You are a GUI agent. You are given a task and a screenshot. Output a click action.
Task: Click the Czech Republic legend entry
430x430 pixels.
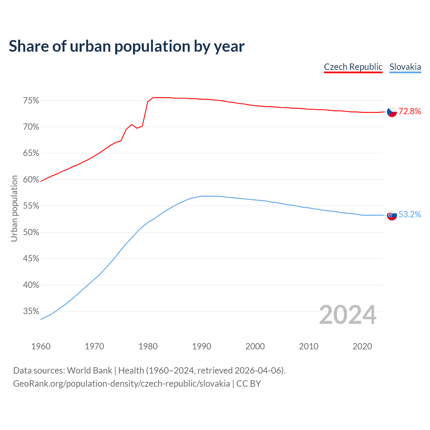click(x=353, y=67)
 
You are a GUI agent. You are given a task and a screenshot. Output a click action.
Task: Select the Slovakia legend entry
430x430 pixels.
click(x=405, y=67)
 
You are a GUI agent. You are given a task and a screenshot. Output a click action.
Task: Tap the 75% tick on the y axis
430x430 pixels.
click(x=31, y=101)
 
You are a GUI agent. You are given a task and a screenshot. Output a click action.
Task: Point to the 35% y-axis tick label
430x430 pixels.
click(x=31, y=311)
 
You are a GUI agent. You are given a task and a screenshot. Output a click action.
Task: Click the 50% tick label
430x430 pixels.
click(x=31, y=232)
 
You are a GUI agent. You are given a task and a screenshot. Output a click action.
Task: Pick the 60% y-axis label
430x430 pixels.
click(x=31, y=180)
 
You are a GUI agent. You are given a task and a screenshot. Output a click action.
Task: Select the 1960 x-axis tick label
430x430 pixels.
click(x=41, y=346)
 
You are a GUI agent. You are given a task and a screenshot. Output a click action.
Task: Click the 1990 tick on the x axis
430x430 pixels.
click(x=202, y=346)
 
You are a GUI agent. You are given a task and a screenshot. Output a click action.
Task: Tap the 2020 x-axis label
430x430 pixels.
click(x=362, y=346)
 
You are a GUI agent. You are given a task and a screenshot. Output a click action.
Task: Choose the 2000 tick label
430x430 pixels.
click(x=255, y=346)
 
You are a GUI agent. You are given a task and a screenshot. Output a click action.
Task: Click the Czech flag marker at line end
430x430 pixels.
click(x=392, y=112)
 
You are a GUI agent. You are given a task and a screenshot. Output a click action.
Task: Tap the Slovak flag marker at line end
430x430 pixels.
click(x=392, y=215)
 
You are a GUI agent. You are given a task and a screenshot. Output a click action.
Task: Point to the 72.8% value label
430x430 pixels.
click(x=410, y=112)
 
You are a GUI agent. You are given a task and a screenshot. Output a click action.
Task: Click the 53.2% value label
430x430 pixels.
click(x=410, y=215)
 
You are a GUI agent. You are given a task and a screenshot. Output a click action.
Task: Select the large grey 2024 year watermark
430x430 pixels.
click(x=348, y=315)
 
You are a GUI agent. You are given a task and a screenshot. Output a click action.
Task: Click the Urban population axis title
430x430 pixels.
click(x=14, y=208)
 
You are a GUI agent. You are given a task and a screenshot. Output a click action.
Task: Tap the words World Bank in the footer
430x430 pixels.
click(x=89, y=371)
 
